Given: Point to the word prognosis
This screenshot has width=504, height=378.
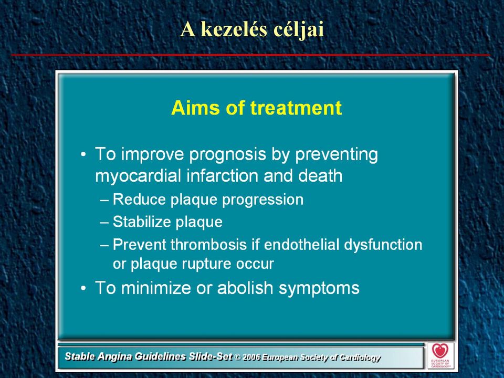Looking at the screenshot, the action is click(227, 155).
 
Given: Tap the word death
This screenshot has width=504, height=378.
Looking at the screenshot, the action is click(320, 176).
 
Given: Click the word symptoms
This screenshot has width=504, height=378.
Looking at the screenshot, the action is click(319, 289).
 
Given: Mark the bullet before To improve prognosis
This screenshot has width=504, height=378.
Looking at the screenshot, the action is click(83, 154).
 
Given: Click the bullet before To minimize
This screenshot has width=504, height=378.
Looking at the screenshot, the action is click(83, 288).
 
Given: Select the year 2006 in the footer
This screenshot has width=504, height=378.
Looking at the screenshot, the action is click(251, 358).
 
